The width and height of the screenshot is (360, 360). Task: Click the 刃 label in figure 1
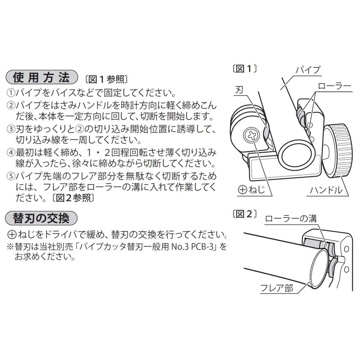(x=239, y=90)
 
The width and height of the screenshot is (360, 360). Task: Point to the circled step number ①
(x=10, y=94)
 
